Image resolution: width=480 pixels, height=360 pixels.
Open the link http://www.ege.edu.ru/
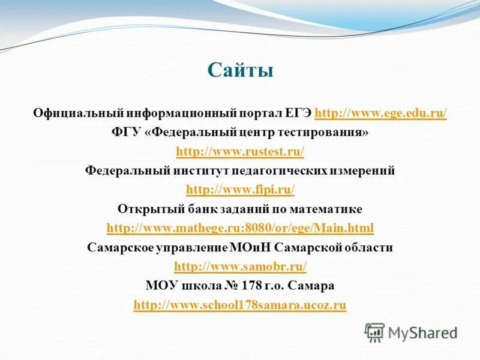click(x=380, y=113)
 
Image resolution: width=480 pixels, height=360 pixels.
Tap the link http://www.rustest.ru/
click(x=240, y=151)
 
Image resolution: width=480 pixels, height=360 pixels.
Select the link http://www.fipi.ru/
click(x=240, y=190)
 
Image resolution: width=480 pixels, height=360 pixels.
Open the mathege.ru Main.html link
click(x=240, y=228)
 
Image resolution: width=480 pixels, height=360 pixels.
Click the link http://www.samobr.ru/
click(x=240, y=266)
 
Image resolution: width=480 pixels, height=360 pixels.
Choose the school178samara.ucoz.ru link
click(x=240, y=305)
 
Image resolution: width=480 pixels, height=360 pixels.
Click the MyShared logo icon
click(x=375, y=332)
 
